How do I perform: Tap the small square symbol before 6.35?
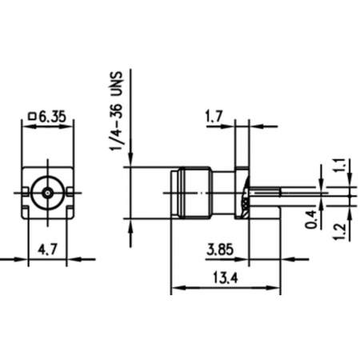[32, 117]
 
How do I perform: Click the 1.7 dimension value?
[214, 117]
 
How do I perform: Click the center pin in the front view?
[50, 193]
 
